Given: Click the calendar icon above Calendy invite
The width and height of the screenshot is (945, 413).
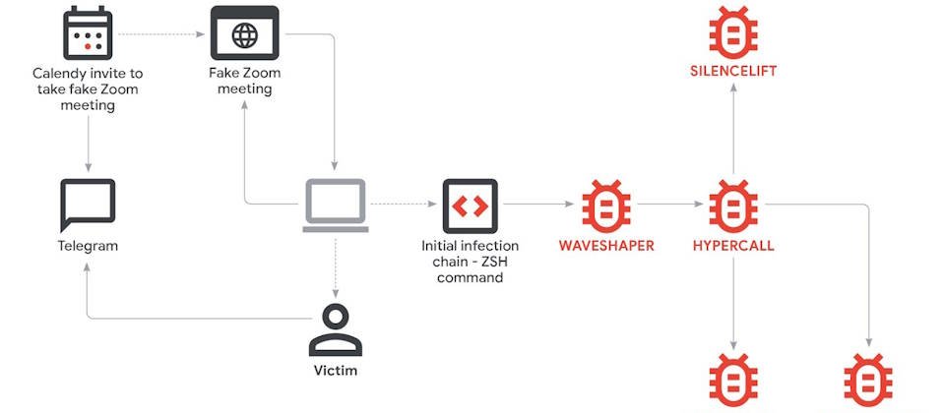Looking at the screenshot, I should click(x=88, y=33).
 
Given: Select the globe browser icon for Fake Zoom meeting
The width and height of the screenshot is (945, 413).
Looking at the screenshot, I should click(x=244, y=33).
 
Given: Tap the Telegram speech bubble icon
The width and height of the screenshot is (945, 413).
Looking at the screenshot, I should click(x=88, y=205).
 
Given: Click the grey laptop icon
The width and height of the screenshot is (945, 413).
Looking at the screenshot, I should click(x=336, y=206).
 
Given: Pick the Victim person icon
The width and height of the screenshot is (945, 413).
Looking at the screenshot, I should click(x=336, y=330).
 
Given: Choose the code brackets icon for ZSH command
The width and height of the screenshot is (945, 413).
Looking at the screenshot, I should click(x=470, y=206).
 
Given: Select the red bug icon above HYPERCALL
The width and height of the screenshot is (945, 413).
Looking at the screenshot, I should click(x=732, y=206).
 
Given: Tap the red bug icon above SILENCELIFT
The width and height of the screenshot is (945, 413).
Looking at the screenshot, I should click(x=732, y=30).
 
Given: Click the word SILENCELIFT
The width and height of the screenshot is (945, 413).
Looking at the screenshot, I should click(x=732, y=71).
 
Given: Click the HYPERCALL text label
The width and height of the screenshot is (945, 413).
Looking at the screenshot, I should click(x=732, y=245).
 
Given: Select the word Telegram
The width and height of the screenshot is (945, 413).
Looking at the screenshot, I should click(x=88, y=245).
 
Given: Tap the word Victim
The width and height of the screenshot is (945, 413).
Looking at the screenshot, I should click(x=336, y=371).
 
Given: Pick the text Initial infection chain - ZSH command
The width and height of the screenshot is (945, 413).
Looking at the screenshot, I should click(x=470, y=261).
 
